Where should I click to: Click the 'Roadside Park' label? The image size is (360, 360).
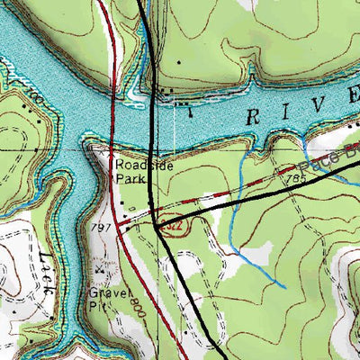[134, 171]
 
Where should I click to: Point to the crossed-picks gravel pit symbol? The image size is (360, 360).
[102, 268]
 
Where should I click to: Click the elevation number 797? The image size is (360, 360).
[101, 228]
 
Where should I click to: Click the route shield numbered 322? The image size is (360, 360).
[180, 229]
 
